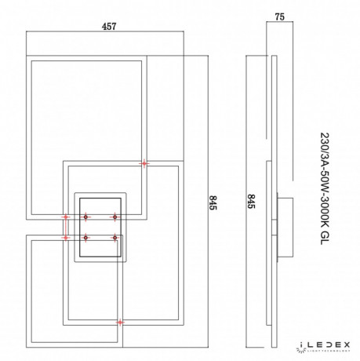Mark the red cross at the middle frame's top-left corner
[144, 163]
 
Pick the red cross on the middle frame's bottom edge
[119, 322]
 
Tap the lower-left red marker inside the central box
[85, 237]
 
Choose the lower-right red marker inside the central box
[114, 237]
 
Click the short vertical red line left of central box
[66, 226]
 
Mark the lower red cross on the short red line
[66, 236]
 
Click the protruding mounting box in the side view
[287, 228]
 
